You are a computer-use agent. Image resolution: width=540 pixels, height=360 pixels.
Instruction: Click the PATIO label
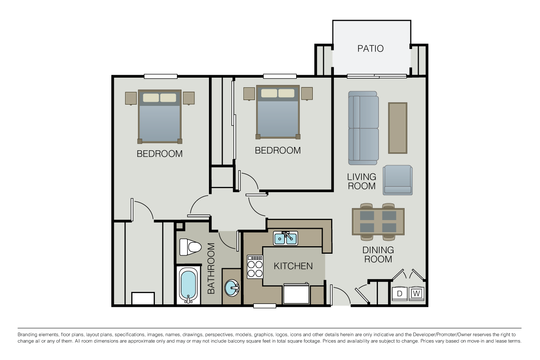[x=371, y=49]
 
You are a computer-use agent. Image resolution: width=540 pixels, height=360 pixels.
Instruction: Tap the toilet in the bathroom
[x=190, y=247]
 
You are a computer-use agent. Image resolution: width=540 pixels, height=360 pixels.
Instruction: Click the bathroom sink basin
[x=232, y=287]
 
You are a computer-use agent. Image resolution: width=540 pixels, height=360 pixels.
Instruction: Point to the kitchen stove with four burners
[x=255, y=267]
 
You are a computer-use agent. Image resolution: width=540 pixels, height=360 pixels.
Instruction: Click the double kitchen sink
[x=285, y=238]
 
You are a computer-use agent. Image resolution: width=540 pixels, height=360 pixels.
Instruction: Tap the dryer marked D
[x=400, y=294]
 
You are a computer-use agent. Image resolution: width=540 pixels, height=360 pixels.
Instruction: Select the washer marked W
[x=416, y=294]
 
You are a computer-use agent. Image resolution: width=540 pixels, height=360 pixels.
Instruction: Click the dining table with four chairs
[x=378, y=221]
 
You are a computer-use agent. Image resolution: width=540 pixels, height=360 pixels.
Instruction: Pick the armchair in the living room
[x=398, y=180]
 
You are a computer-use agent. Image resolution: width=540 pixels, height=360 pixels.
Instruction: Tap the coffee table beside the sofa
[x=398, y=128]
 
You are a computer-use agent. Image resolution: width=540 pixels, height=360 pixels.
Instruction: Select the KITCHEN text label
[x=293, y=266]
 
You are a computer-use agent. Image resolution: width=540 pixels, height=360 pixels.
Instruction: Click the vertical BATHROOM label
[x=211, y=268]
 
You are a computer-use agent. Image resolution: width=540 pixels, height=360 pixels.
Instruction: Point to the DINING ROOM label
[x=378, y=255]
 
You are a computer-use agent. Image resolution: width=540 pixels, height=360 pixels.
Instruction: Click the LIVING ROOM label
[x=362, y=181]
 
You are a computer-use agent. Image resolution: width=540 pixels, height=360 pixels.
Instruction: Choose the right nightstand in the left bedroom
[x=189, y=98]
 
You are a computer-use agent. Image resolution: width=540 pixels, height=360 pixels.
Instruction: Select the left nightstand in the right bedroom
[x=249, y=93]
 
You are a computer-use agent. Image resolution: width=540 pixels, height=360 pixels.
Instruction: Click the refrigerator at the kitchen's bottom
[x=296, y=294]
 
